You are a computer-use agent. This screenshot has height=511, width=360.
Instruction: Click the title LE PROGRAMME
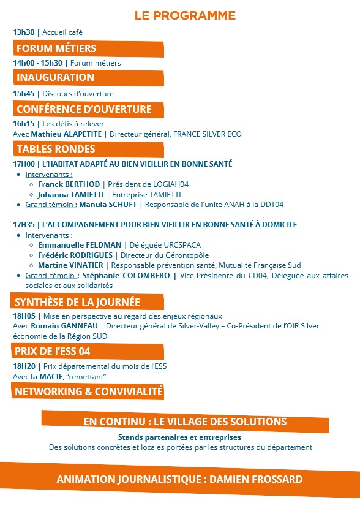click(185, 15)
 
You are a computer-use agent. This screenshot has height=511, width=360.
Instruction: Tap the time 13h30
click(24, 32)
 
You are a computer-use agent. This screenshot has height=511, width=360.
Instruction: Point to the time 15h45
click(24, 94)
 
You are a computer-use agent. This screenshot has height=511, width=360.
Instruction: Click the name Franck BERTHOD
click(69, 184)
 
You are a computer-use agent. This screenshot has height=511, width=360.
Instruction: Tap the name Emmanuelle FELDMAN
click(79, 244)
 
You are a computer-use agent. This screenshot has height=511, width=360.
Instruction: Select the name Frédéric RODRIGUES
click(76, 255)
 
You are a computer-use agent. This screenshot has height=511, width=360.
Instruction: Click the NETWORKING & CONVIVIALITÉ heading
click(89, 391)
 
